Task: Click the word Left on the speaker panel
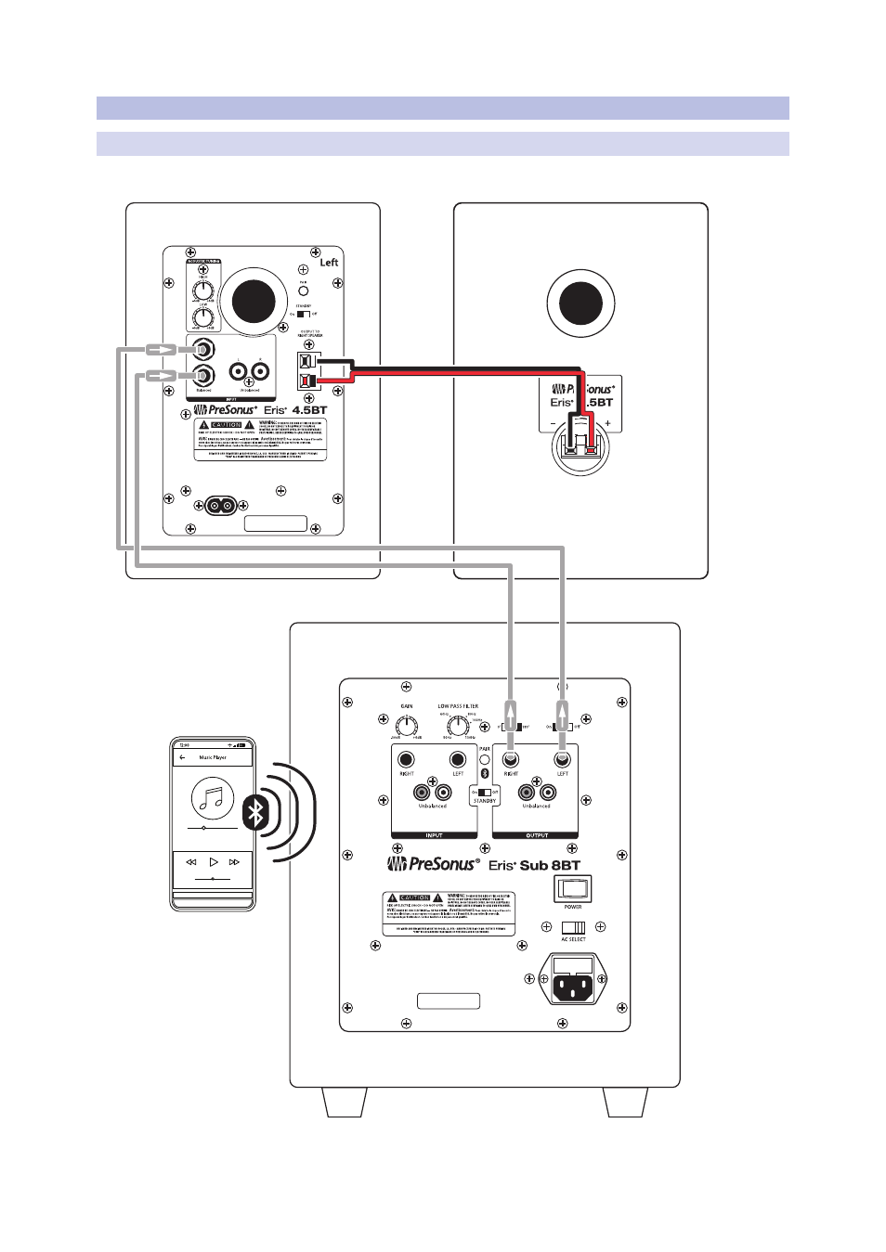coord(329,263)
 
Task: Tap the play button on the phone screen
coord(214,862)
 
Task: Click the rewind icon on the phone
coord(191,862)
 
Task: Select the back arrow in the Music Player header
coord(182,757)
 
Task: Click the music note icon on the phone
coord(213,797)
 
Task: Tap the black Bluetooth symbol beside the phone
coord(255,812)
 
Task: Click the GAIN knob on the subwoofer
coord(407,726)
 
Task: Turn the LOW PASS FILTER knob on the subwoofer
coord(457,726)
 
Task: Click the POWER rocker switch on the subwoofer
coord(572,889)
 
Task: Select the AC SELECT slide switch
coord(573,927)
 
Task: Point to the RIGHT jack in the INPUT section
coord(406,760)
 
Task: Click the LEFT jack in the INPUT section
coord(457,760)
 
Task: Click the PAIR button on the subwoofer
coord(484,760)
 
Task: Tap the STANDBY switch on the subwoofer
coord(484,792)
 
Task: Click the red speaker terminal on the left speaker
coord(308,379)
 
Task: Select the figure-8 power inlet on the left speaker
coord(220,505)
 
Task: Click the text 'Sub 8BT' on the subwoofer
coord(550,865)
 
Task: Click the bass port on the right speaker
coord(580,303)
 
